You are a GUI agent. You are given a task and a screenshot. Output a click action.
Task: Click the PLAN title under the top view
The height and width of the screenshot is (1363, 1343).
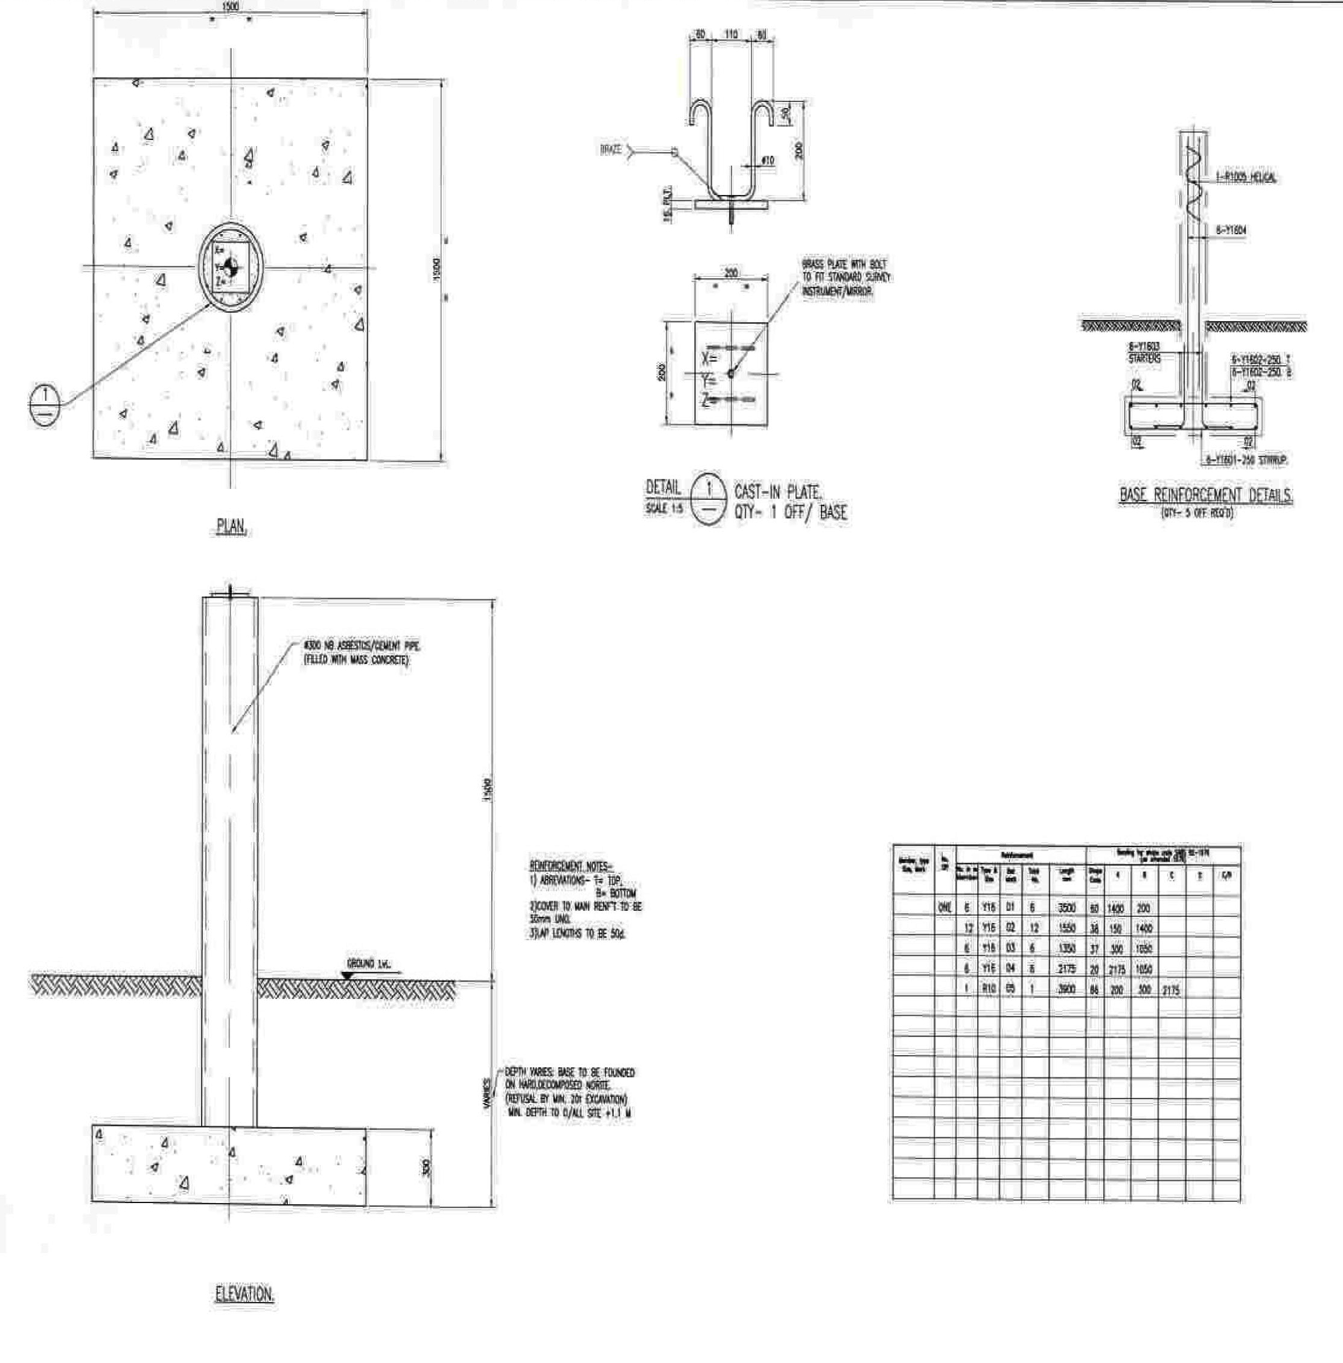(x=231, y=527)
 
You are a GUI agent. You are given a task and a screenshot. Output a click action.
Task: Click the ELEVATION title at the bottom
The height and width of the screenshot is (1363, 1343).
(x=244, y=1293)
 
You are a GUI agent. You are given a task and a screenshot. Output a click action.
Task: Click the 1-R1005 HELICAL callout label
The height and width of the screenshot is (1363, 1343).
(x=1246, y=178)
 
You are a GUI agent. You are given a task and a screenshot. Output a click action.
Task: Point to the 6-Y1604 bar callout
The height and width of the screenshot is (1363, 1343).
(x=1230, y=230)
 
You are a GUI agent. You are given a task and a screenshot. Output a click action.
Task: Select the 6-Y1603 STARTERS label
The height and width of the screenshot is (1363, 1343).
(x=1143, y=352)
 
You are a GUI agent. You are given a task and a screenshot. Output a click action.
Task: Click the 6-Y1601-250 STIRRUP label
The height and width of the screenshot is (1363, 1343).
(x=1246, y=459)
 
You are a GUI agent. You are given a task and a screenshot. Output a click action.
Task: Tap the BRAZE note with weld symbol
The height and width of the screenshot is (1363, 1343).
(x=611, y=150)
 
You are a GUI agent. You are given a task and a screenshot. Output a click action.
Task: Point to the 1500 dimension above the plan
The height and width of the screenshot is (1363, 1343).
(x=231, y=7)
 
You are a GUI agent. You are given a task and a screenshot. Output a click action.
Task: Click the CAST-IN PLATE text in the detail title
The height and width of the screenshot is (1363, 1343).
(x=777, y=492)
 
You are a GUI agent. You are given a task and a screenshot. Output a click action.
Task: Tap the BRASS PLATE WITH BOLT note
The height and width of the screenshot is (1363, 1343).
(x=846, y=276)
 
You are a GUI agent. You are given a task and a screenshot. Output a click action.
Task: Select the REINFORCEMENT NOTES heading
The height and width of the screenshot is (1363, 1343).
(x=572, y=866)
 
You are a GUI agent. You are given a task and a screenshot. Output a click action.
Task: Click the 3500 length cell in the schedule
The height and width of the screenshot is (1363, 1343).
(x=1067, y=908)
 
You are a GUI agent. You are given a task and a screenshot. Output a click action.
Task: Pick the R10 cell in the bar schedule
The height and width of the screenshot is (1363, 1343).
(x=988, y=989)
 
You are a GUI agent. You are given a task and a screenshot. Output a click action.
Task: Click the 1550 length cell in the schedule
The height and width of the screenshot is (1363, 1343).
(x=1067, y=928)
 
